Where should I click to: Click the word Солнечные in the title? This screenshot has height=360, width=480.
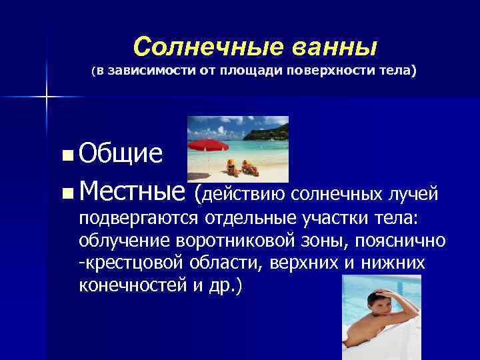(188, 47)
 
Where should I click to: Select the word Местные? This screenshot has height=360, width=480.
(131, 193)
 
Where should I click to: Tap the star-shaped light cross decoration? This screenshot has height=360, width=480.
(46, 97)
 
